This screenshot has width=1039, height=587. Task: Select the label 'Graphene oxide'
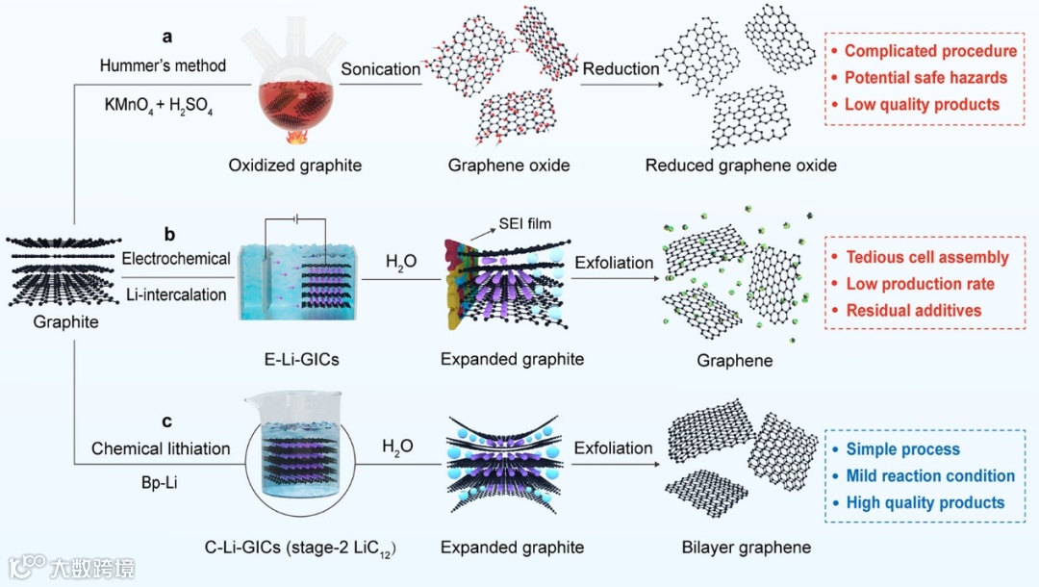509,165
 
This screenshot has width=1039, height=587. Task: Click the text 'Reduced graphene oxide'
741,165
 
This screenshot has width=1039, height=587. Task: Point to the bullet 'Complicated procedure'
930,51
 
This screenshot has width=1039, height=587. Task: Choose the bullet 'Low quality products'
922,104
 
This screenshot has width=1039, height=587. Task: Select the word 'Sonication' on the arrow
381,68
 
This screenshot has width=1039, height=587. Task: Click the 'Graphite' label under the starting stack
65,321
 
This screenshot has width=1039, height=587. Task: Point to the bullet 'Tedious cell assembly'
927,257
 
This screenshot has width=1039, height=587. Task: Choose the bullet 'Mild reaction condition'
930,475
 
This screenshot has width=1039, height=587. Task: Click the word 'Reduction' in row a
621,68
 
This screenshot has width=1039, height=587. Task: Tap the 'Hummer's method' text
163,65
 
